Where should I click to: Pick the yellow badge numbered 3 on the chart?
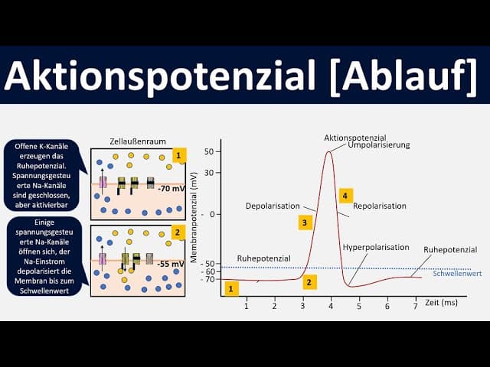pos(305,222)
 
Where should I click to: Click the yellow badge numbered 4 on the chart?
pos(346,196)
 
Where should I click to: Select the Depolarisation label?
pos(269,206)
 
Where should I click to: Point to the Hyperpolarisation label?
pos(375,248)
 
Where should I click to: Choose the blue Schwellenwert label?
pos(457,274)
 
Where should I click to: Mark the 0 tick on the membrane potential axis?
pos(211,214)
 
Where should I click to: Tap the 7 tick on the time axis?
pos(415,306)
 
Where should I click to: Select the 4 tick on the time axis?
pos(331,306)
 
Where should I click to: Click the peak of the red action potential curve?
pos(329,151)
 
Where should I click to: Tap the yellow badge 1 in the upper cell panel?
pos(178,156)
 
